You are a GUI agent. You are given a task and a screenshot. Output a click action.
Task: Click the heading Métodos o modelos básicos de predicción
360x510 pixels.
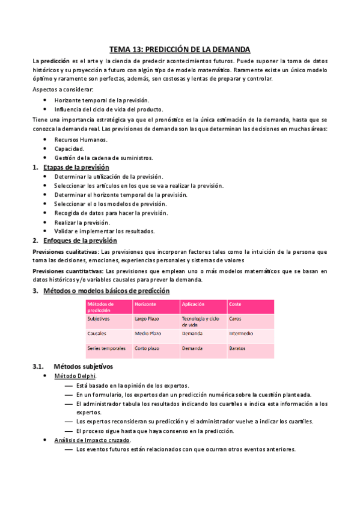click(106, 290)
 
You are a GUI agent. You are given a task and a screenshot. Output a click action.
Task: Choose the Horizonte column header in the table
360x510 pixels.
click(145, 304)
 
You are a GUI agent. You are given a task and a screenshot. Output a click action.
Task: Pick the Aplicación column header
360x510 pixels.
click(194, 304)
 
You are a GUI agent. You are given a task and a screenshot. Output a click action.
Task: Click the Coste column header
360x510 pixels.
click(236, 304)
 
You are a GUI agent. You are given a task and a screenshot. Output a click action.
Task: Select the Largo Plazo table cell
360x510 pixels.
click(147, 318)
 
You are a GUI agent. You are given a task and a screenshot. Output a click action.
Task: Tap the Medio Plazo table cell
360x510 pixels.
click(148, 333)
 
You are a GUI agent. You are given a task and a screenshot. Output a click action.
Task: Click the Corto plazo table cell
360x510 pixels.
click(147, 348)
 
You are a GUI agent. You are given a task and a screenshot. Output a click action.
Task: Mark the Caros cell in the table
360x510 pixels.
click(235, 318)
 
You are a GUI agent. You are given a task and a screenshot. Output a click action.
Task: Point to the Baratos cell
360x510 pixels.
click(237, 348)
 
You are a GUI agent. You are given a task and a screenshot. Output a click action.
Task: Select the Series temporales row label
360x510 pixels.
click(106, 348)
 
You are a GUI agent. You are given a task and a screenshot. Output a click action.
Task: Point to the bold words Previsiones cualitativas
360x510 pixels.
click(65, 251)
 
